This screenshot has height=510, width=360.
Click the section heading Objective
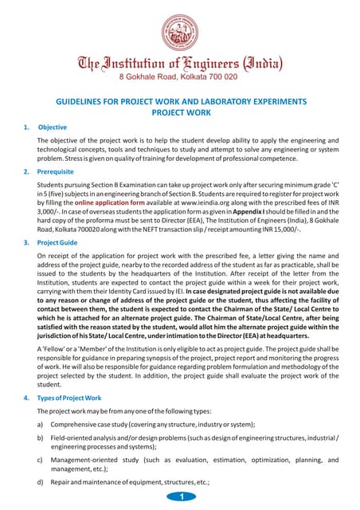pyautogui.click(x=53, y=127)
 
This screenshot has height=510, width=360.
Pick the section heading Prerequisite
pyautogui.click(x=56, y=171)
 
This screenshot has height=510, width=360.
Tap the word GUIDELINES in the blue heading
pyautogui.click(x=80, y=102)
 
